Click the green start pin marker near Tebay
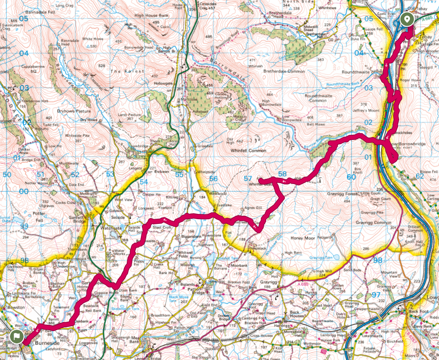406,19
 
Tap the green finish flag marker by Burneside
16,337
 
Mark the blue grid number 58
282,174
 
